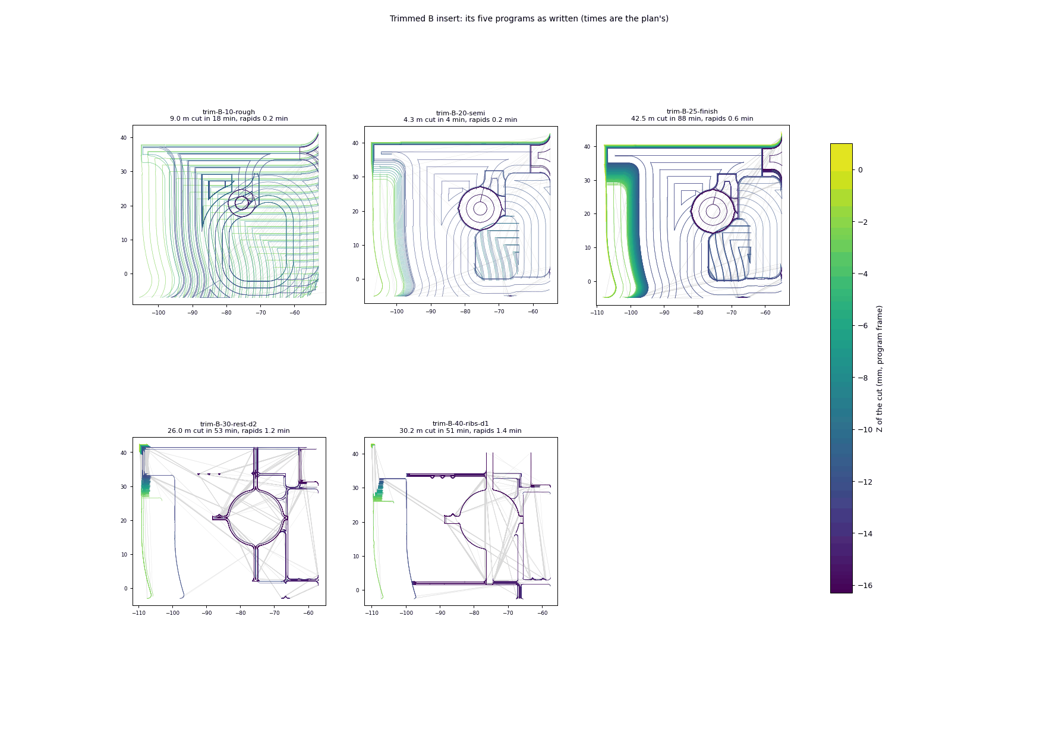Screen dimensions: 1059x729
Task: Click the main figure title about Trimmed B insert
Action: (529, 18)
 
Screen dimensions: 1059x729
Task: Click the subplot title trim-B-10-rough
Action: (229, 112)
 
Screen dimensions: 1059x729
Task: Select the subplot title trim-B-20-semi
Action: (461, 113)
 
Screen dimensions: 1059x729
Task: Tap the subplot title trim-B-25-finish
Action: (692, 111)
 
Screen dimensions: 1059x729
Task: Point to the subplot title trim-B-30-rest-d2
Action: (229, 424)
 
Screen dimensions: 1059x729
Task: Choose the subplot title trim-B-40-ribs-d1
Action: (461, 424)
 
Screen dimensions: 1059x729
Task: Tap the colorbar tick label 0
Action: (860, 170)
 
